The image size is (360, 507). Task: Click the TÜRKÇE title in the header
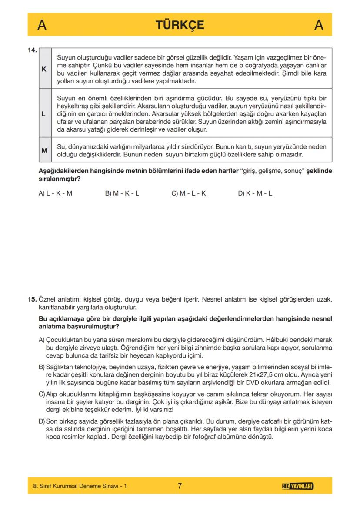coord(180,25)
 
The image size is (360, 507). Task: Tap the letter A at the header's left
coord(42,25)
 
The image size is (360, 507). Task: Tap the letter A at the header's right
coord(318,25)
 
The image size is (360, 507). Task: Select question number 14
coord(32,50)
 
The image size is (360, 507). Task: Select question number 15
coord(32,299)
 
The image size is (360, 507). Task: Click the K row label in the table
coord(44,69)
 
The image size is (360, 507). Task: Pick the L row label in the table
coord(44,114)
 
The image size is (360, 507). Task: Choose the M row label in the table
coord(44,150)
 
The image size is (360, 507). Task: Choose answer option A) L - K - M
coord(55,193)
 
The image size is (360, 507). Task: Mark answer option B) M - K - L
coord(122,193)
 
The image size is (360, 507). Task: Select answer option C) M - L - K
coord(188,193)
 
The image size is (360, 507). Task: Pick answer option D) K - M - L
coord(255,193)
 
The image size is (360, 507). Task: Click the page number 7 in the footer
coord(180,486)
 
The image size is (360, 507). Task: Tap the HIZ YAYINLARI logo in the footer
coord(298,486)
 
